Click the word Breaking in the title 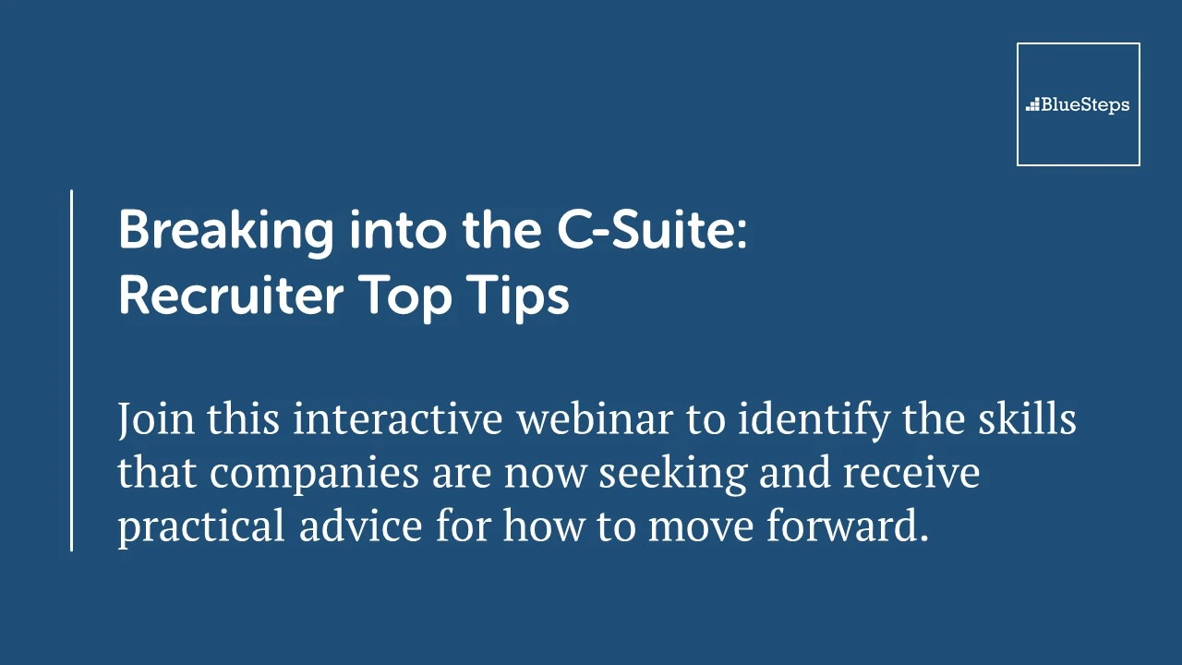(226, 232)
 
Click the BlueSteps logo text (1085, 105)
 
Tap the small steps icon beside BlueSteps (1032, 104)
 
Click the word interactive (398, 417)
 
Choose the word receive (911, 472)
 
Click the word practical (201, 527)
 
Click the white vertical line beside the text (71, 370)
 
